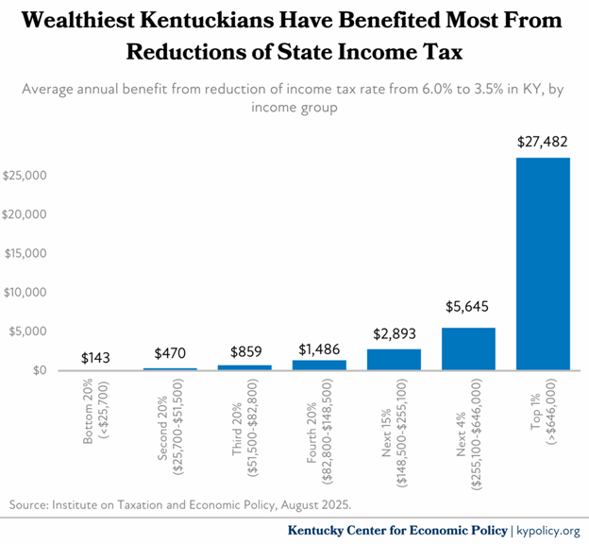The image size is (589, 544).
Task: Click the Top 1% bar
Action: point(543,263)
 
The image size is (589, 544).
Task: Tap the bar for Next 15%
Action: point(394,360)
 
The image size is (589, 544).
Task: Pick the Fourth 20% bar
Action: point(319,365)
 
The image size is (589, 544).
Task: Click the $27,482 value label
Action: point(543,142)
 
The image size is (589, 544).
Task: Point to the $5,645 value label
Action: point(468,306)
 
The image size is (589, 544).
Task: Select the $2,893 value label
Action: point(394,332)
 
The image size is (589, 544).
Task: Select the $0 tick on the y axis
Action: point(39,371)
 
